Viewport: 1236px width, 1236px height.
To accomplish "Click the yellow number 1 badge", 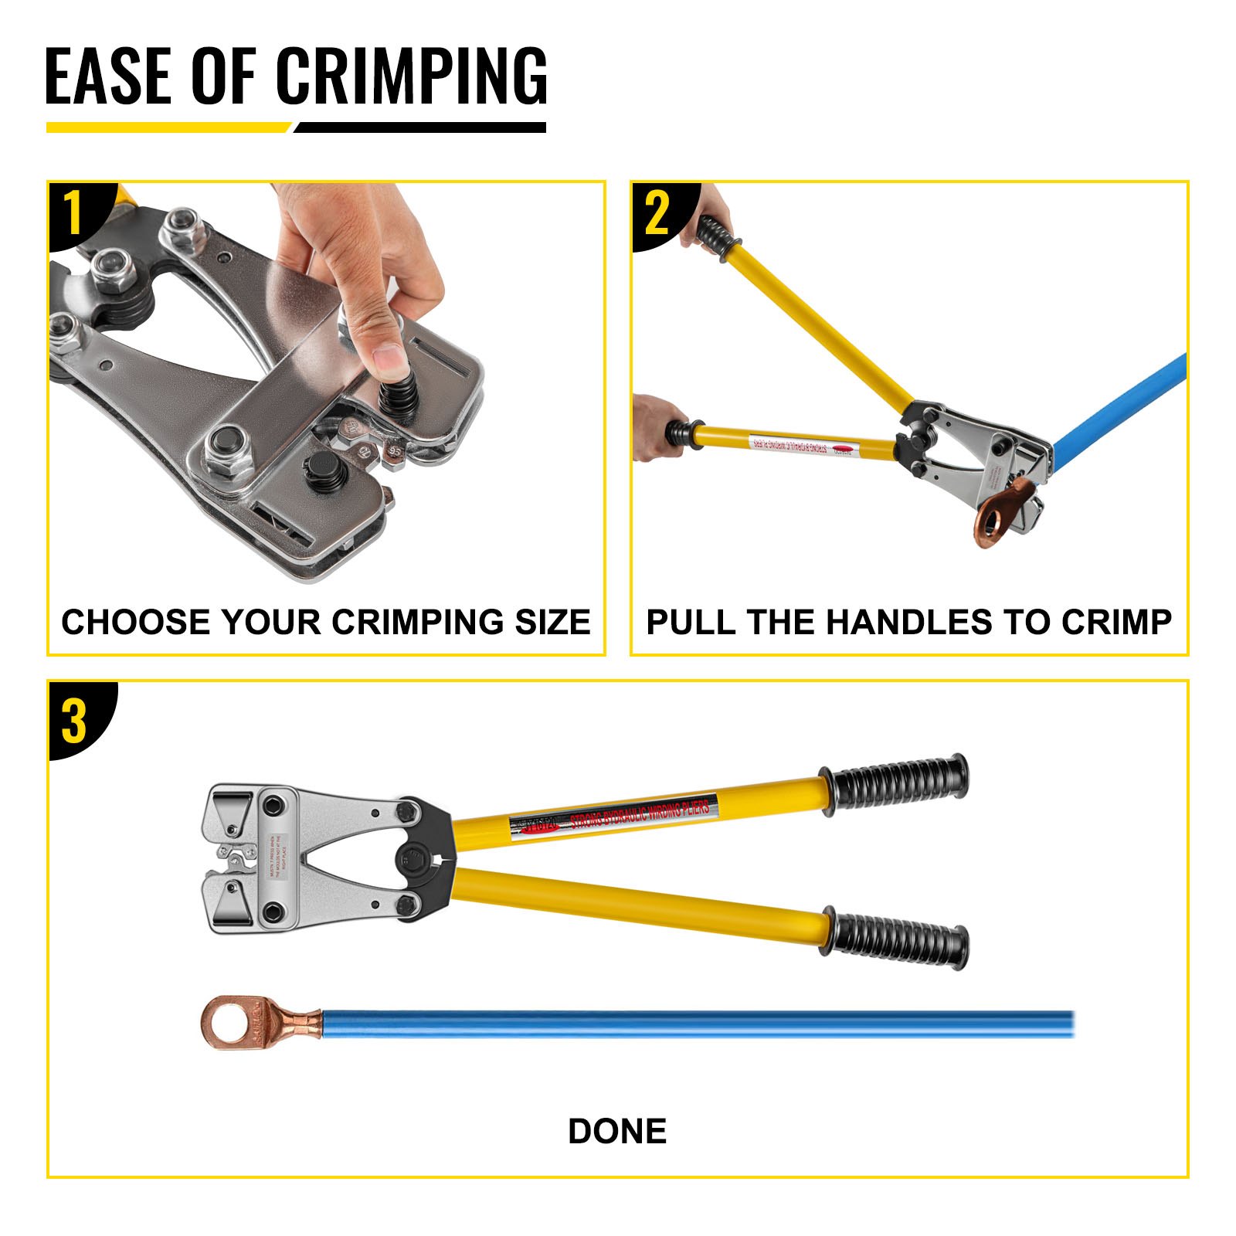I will [x=73, y=213].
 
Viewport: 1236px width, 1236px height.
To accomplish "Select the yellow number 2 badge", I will [x=657, y=213].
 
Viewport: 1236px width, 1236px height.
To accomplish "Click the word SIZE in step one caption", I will [x=552, y=623].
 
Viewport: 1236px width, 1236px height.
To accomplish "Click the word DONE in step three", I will [x=617, y=1132].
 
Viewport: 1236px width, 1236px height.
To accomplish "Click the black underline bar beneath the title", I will [x=421, y=127].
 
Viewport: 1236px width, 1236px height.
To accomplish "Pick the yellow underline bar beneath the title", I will [x=166, y=127].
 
